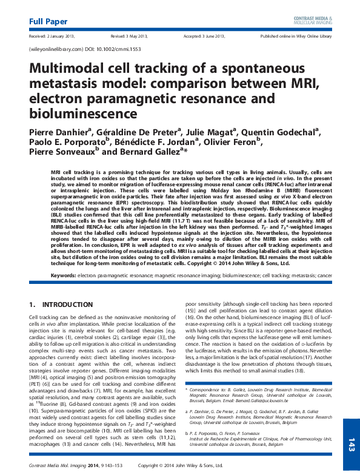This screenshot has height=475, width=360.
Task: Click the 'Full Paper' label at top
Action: coord(48,22)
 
